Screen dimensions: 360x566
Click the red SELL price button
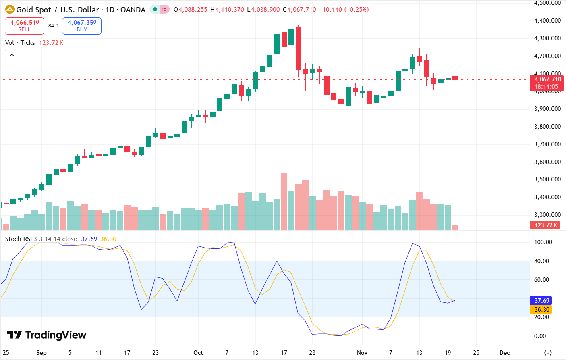[24, 26]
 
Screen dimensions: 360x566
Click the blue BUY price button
[82, 26]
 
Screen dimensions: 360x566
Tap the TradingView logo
[47, 335]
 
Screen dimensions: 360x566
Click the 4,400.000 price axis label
[547, 21]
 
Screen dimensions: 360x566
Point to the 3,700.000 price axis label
[547, 144]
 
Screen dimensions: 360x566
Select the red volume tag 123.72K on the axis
[546, 225]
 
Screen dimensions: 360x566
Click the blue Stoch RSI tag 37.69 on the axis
[542, 301]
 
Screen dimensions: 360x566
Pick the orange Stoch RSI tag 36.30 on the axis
[542, 310]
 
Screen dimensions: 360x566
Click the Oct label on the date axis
[198, 353]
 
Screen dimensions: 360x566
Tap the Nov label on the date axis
[362, 353]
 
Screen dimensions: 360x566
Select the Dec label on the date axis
[504, 353]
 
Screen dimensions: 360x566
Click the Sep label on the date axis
[41, 353]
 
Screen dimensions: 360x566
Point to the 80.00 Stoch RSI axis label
[542, 261]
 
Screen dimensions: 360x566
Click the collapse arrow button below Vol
[12, 55]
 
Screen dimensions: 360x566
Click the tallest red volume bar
[284, 202]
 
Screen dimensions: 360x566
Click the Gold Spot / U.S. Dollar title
[81, 10]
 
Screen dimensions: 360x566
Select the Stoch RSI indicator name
[18, 239]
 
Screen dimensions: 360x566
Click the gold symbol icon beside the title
[10, 10]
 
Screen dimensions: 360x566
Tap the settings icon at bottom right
[548, 353]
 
